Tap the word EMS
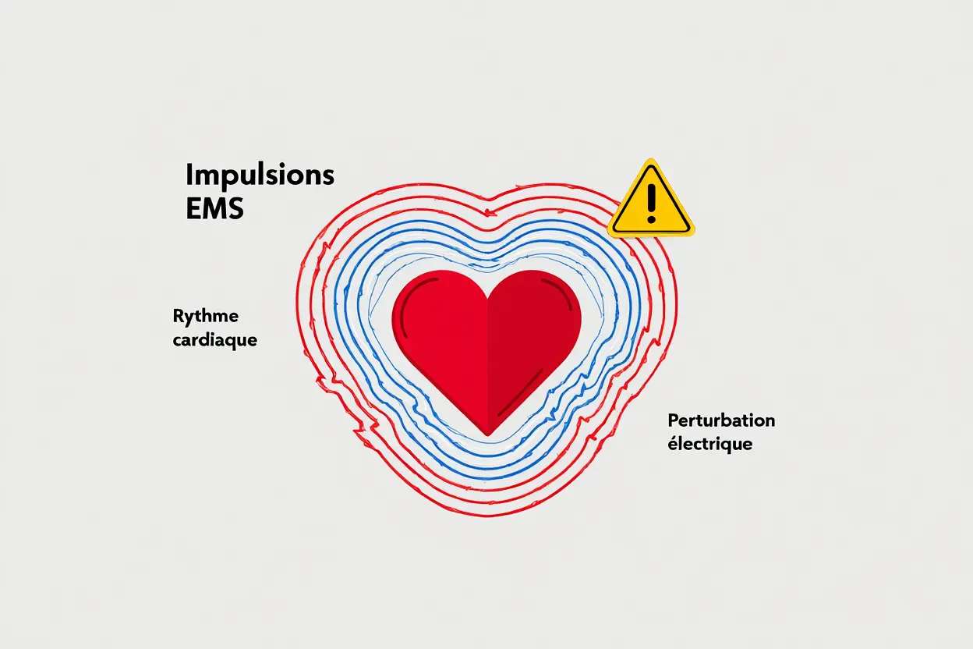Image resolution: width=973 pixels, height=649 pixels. coord(214,208)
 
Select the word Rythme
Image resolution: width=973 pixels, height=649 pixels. coord(206,317)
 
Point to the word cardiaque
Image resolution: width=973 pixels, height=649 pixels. coord(214,341)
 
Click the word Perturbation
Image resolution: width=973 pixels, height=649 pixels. coord(721,421)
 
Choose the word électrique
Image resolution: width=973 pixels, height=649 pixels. coord(709,445)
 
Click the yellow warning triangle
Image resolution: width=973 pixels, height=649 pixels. coord(650,201)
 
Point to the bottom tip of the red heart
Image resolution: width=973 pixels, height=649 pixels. coord(487,432)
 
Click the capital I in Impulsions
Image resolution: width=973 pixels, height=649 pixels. coord(189,176)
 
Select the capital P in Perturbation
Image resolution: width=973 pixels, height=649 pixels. coord(673,421)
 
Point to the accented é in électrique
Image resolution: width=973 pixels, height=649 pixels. coord(672,445)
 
